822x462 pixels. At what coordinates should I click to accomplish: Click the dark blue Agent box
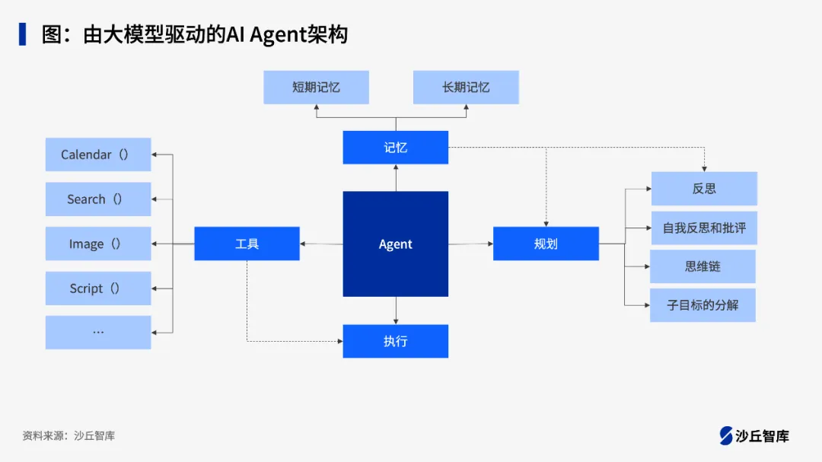pos(395,244)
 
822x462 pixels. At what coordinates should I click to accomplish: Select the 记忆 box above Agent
pos(395,147)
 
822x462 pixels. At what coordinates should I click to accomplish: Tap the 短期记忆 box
pos(316,88)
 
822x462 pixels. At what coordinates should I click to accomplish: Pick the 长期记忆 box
pos(466,88)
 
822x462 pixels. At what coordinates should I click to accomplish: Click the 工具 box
pos(247,244)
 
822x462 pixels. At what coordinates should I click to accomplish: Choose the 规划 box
pos(546,244)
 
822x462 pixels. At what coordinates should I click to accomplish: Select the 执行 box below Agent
pos(395,341)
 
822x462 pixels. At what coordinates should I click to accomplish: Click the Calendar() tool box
pos(98,155)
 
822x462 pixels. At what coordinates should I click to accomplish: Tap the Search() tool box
pos(98,199)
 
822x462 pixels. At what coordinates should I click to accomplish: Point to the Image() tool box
pos(98,244)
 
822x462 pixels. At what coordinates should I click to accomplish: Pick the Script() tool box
pos(98,288)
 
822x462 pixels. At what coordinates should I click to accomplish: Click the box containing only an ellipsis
pos(98,332)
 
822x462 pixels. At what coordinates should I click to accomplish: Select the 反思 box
pos(704,188)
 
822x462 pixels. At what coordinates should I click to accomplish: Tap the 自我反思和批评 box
pos(704,228)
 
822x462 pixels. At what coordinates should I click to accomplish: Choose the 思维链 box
pos(703,266)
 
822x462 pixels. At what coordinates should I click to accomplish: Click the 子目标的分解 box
pos(703,305)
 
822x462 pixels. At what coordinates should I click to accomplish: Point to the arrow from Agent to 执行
pos(396,311)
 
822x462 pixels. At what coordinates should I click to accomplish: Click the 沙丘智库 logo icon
pos(726,435)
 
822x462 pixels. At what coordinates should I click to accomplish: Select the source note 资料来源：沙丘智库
pos(68,435)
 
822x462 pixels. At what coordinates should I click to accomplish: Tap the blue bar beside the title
pos(23,34)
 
